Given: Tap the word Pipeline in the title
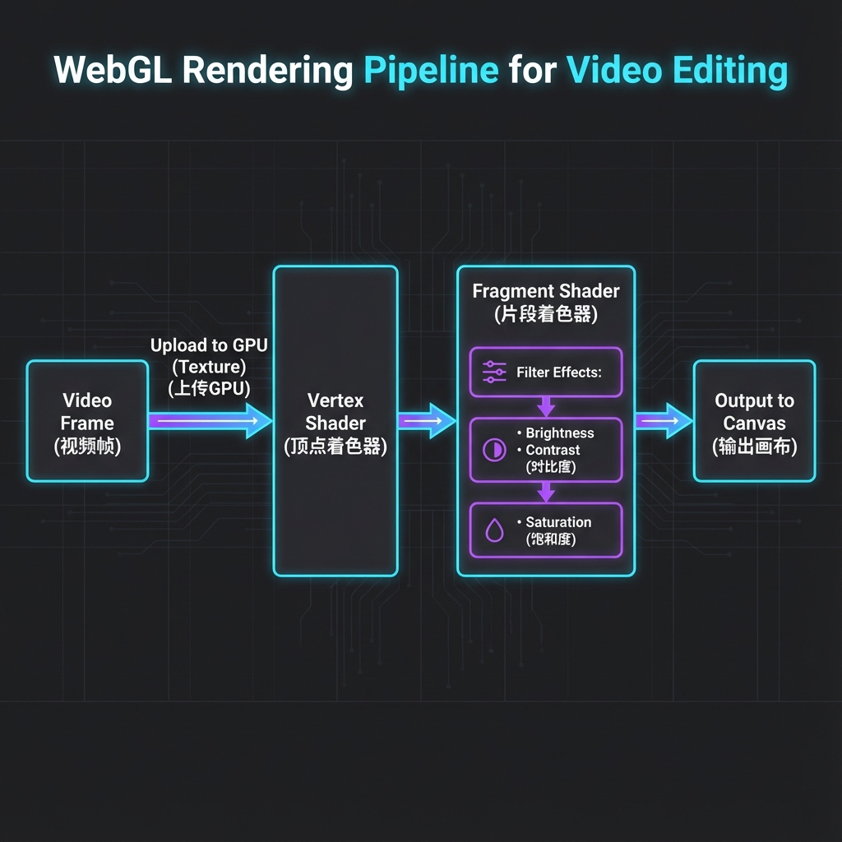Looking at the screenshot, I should tap(431, 71).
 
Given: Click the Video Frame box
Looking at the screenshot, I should tap(87, 421).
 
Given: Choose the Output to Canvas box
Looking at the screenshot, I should tap(754, 421).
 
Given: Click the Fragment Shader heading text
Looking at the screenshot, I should tap(546, 291).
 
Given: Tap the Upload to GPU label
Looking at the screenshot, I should tap(209, 346).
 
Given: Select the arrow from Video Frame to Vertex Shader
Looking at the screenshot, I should tap(210, 421).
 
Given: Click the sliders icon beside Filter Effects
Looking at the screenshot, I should tap(494, 372).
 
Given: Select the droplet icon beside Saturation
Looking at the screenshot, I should tap(494, 531).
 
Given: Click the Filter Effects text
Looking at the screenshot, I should tap(559, 372).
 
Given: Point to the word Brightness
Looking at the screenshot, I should tap(559, 433).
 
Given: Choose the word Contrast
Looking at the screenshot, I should tap(553, 451).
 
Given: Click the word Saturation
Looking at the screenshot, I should tap(558, 522).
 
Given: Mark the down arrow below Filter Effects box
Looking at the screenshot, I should tap(546, 407).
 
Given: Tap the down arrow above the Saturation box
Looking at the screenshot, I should tap(546, 492).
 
